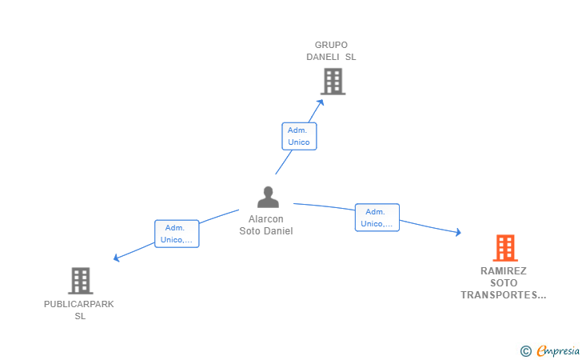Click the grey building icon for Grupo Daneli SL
[333, 81]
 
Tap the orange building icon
[505, 248]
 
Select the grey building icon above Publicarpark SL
[80, 281]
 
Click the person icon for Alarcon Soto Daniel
[267, 197]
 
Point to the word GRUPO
[331, 45]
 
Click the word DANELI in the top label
[324, 57]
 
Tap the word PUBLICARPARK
[79, 304]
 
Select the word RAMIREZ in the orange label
[504, 271]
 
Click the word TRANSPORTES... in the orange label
[504, 295]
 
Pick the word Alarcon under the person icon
[266, 219]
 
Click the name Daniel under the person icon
[279, 231]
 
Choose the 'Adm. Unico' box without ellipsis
[299, 136]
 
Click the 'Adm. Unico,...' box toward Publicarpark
[177, 234]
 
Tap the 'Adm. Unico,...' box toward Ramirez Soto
[377, 218]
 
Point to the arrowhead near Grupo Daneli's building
[321, 102]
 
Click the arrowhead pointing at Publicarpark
[117, 258]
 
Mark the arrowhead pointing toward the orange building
[458, 232]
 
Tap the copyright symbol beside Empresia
[526, 351]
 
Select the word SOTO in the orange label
[504, 283]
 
